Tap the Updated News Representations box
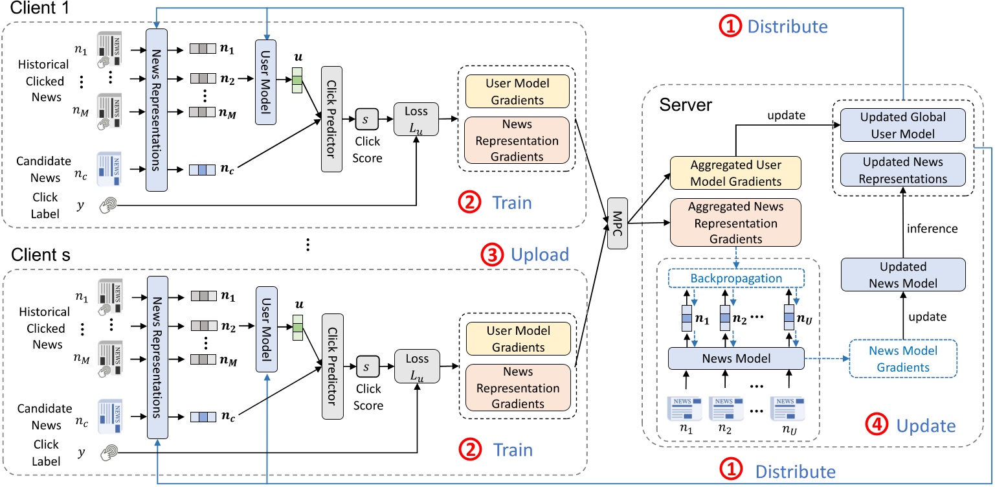(904, 170)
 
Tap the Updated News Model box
(903, 275)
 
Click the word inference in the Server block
(932, 227)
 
